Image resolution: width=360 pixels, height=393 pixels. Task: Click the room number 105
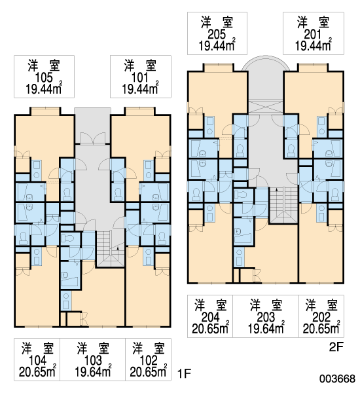click(44, 78)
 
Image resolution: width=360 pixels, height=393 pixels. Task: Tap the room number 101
click(140, 78)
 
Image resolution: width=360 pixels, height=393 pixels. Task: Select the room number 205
click(217, 35)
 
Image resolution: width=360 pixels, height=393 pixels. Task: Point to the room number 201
click(313, 35)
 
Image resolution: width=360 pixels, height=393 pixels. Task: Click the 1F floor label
click(185, 374)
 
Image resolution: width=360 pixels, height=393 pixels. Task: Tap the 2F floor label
click(336, 347)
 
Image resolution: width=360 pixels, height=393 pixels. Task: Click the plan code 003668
click(338, 379)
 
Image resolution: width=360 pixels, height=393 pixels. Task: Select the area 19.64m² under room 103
click(93, 371)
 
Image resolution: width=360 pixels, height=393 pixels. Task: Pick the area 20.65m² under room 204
click(211, 328)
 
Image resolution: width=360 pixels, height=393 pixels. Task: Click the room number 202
click(321, 317)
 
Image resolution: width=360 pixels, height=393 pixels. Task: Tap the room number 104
click(37, 361)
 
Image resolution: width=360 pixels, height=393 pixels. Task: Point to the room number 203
click(266, 317)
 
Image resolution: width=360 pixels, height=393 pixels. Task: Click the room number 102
click(149, 361)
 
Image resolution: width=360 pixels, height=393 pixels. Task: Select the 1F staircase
click(111, 249)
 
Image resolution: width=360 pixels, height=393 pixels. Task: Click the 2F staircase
click(283, 205)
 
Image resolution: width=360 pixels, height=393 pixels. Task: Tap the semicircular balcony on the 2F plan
click(266, 63)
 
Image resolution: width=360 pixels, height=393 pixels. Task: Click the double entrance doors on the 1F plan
click(93, 138)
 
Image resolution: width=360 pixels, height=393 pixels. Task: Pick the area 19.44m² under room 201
click(314, 45)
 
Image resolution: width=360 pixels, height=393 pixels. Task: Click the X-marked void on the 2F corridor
click(266, 107)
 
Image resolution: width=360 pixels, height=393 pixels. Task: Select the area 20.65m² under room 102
click(149, 371)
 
